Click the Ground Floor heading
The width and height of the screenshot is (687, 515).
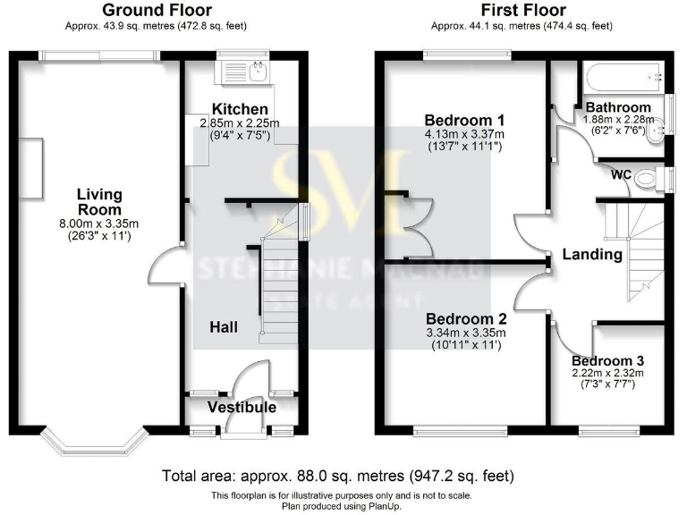(157, 11)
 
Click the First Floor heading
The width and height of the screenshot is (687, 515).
(523, 11)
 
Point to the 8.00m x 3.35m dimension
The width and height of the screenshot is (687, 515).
(99, 224)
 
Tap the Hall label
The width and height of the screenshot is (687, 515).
(224, 328)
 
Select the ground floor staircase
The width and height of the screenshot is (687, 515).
(277, 277)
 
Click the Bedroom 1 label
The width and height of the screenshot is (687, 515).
(464, 121)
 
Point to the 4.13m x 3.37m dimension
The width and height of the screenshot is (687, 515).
(464, 134)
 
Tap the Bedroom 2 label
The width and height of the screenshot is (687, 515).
(466, 319)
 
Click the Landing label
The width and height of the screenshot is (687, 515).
(591, 255)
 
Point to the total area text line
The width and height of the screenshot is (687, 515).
(338, 476)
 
